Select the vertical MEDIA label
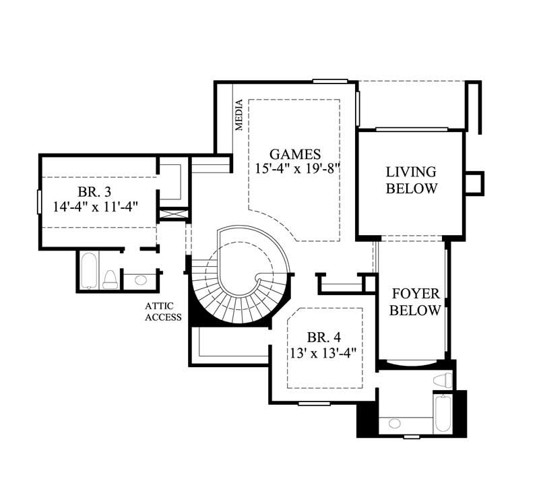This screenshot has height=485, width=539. click(239, 115)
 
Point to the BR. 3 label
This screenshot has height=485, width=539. click(96, 191)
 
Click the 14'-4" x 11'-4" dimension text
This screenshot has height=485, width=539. click(96, 206)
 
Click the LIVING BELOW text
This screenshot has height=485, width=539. click(410, 180)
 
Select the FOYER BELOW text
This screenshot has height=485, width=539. click(415, 302)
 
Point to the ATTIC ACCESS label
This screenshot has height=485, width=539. click(163, 311)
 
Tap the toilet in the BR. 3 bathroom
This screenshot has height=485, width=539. click(110, 279)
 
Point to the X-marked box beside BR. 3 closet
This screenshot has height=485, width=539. click(170, 214)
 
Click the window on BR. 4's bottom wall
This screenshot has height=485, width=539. click(314, 403)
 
